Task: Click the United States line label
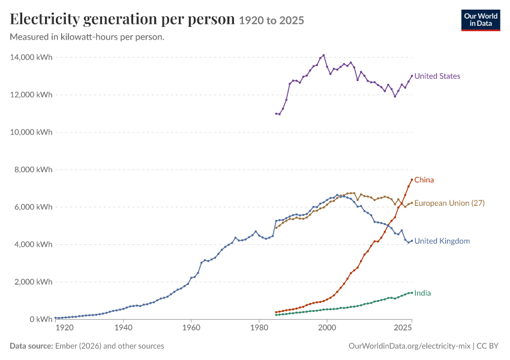click(x=437, y=76)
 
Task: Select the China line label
click(x=424, y=180)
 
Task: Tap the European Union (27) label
click(x=449, y=203)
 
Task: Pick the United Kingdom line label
click(x=442, y=241)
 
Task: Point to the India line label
click(x=422, y=293)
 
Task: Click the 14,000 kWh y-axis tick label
click(x=31, y=57)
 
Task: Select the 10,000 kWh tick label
click(x=31, y=132)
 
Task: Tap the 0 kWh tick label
click(x=41, y=319)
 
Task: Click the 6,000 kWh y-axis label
click(x=33, y=207)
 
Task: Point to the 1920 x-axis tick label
click(x=64, y=328)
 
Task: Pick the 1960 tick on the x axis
click(x=191, y=328)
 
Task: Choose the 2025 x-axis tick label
click(x=403, y=328)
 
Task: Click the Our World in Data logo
click(x=481, y=20)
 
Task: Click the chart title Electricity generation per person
click(x=122, y=19)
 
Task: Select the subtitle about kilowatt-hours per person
click(x=87, y=37)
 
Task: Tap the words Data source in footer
click(x=31, y=346)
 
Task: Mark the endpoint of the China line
click(x=412, y=179)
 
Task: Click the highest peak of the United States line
click(x=323, y=55)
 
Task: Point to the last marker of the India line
click(x=412, y=293)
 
